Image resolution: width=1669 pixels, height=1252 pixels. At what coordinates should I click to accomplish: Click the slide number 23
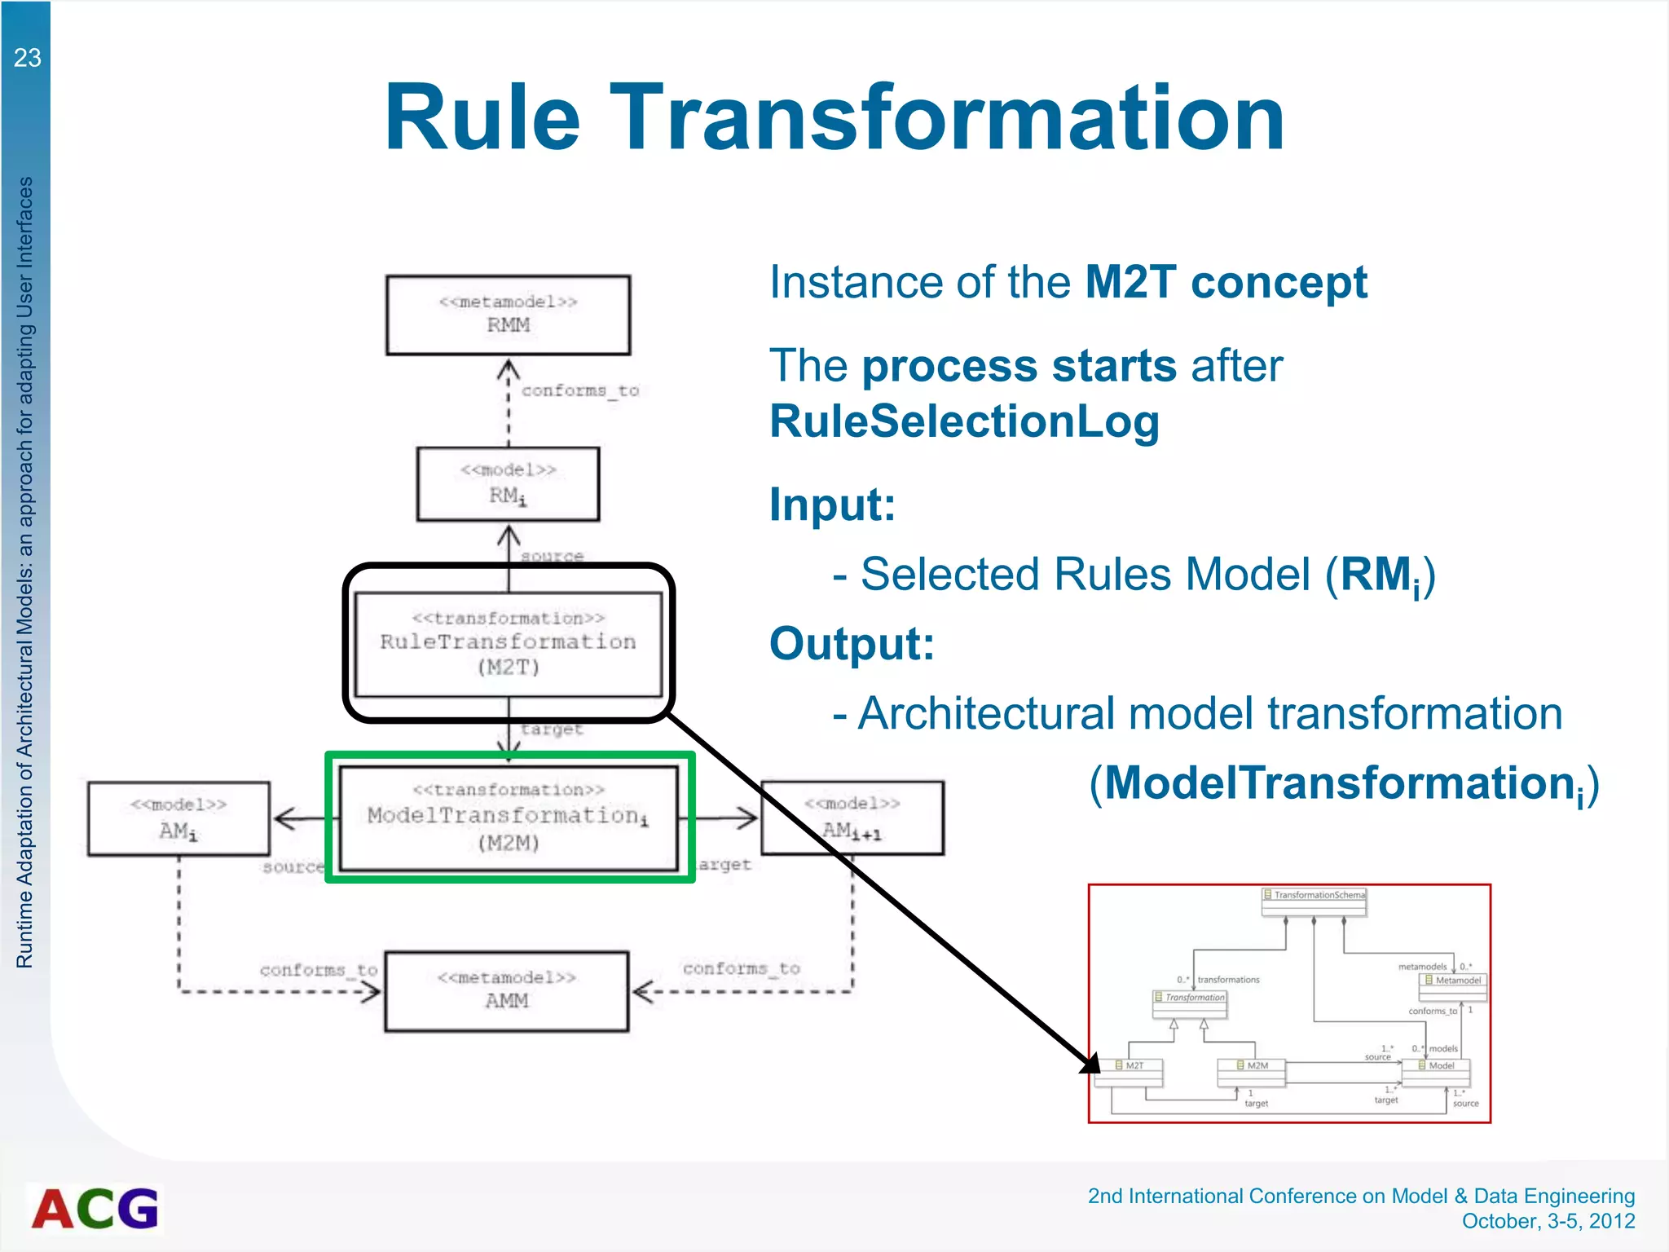coord(27,58)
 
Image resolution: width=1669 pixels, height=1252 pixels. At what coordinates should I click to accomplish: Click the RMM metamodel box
coord(508,315)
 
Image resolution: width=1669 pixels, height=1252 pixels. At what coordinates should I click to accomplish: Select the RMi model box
coord(508,483)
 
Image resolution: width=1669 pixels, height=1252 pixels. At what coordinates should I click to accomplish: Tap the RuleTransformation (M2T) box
coord(508,644)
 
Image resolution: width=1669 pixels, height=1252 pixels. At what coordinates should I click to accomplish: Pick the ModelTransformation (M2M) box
coord(508,818)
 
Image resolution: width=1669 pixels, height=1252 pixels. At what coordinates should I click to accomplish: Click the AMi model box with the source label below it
coord(178,818)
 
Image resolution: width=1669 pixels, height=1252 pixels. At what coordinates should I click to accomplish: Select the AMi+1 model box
coord(852,818)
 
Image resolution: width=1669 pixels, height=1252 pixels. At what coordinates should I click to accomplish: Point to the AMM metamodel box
coord(506,990)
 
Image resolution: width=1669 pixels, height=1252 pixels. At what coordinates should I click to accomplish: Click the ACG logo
coord(95,1208)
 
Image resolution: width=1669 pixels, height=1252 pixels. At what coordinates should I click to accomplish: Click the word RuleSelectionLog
coord(964,421)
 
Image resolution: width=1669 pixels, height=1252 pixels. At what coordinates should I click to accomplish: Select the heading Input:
coord(832,505)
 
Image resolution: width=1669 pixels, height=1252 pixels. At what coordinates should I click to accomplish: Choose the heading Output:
coord(852,643)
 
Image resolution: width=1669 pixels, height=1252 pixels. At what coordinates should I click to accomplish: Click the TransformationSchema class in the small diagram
coord(1314,896)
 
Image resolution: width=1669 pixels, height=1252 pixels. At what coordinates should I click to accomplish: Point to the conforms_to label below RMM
coord(579,390)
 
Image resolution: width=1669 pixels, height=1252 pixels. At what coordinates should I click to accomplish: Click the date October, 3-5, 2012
coord(1548,1221)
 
